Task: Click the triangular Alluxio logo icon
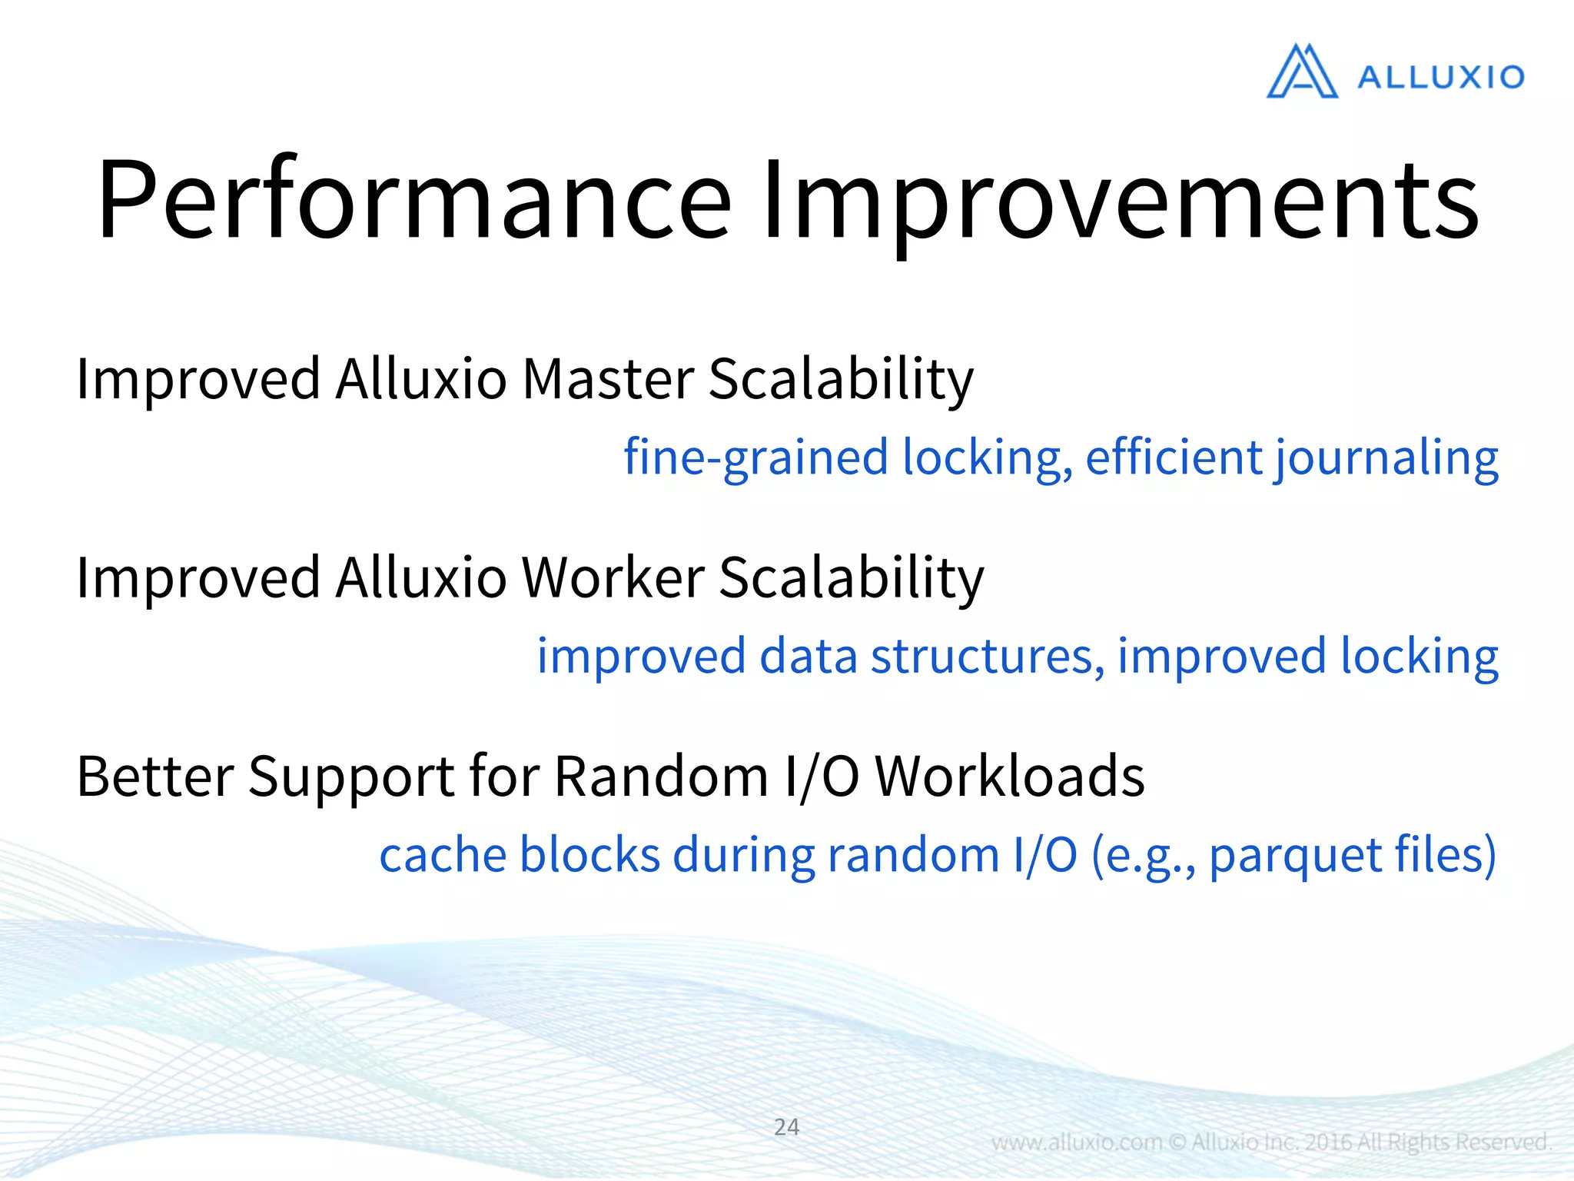tap(1301, 72)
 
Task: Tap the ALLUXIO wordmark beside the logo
tap(1440, 77)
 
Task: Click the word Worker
tap(613, 577)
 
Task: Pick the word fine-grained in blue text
tap(755, 457)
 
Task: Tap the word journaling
tap(1386, 457)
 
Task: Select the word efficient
tap(1174, 457)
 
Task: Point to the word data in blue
tap(808, 656)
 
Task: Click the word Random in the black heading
tap(661, 777)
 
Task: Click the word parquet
tap(1295, 856)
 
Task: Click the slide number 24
tap(786, 1127)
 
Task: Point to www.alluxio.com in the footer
tap(1076, 1143)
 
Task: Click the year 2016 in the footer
tap(1328, 1143)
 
